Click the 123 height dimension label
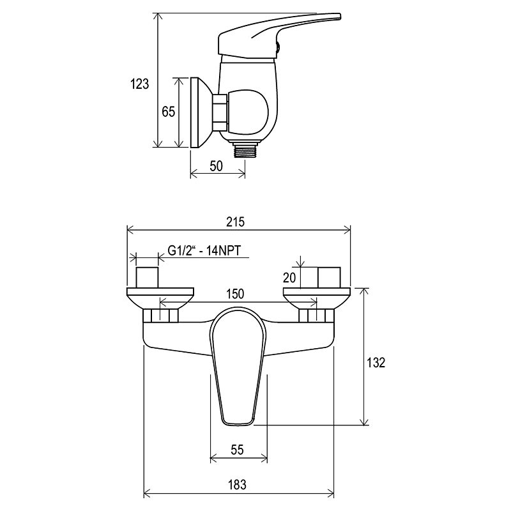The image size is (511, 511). click(x=139, y=84)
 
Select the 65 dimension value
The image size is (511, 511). click(x=169, y=112)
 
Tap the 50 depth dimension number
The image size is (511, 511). click(x=216, y=166)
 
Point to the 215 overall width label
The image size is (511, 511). click(x=235, y=222)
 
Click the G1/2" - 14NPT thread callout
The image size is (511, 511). click(x=204, y=250)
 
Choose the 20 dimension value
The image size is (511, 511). click(x=289, y=278)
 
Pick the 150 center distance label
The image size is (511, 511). click(x=235, y=294)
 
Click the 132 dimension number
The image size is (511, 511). click(x=376, y=363)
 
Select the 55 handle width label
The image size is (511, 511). click(x=237, y=450)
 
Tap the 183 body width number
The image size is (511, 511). click(x=237, y=485)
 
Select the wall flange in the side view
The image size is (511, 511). click(x=201, y=112)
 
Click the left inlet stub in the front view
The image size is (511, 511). click(x=147, y=277)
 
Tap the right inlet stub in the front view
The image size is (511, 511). click(x=329, y=277)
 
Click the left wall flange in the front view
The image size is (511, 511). click(x=160, y=298)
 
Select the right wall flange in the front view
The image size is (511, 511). click(x=317, y=298)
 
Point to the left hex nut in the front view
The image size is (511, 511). click(x=161, y=316)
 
